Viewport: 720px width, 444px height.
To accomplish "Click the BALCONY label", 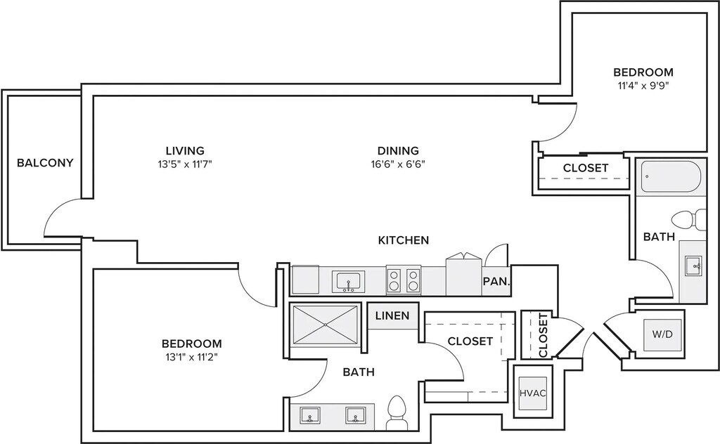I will tap(45, 163).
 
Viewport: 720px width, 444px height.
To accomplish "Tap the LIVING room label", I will tap(185, 150).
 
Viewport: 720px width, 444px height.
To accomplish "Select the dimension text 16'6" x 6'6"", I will tap(398, 164).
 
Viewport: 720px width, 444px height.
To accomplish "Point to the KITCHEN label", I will tap(404, 240).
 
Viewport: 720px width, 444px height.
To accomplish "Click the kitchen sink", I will tap(347, 282).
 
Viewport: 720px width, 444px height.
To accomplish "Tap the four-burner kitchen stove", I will tap(404, 280).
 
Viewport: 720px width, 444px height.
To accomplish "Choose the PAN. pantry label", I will tap(496, 282).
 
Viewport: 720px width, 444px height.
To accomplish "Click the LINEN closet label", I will tap(392, 315).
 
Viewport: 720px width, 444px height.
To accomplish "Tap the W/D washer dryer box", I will tap(662, 334).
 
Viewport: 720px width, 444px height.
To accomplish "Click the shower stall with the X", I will tap(325, 323).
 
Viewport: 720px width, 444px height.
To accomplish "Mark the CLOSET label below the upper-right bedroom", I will tap(586, 168).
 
